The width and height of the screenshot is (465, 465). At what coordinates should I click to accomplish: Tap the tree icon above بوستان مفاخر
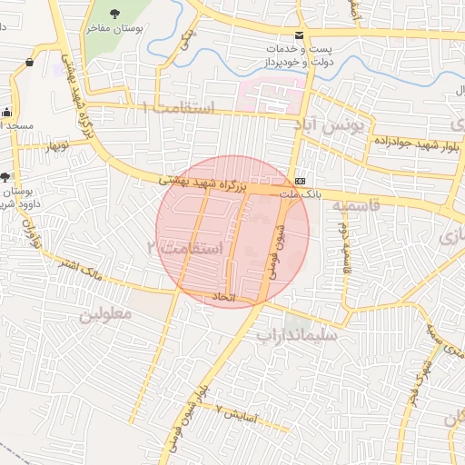pos(114,13)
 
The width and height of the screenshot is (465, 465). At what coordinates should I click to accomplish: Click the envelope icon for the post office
pos(299,35)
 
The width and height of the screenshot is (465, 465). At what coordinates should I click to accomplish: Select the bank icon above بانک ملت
pos(301,178)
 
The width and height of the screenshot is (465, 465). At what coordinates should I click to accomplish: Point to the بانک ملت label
pos(300,193)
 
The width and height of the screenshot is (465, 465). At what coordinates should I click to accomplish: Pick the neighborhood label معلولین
pos(105,314)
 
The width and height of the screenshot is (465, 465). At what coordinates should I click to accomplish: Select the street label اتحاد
pos(223,298)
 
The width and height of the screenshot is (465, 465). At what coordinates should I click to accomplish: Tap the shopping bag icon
pos(31,62)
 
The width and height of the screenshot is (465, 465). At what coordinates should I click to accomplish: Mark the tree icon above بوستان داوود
pos(7,176)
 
